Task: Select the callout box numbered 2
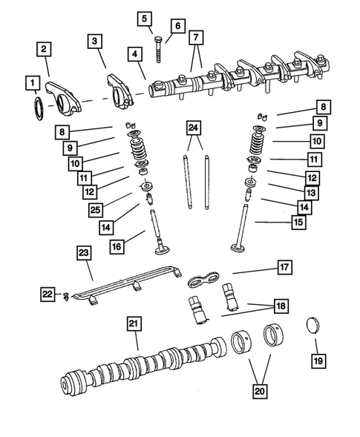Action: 45,50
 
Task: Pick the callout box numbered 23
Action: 83,253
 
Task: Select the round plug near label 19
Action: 312,326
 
